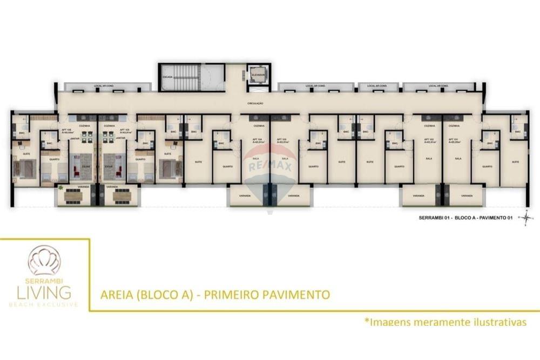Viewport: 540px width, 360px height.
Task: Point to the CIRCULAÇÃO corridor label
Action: click(x=255, y=103)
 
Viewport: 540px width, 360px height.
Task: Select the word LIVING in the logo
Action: click(x=44, y=293)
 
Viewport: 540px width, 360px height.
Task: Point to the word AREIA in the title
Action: click(x=116, y=295)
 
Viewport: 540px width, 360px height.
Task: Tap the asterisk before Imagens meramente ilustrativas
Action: click(x=367, y=322)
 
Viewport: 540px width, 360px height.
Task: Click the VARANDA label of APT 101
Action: click(x=464, y=196)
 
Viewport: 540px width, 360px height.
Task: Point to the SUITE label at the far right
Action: click(x=515, y=161)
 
